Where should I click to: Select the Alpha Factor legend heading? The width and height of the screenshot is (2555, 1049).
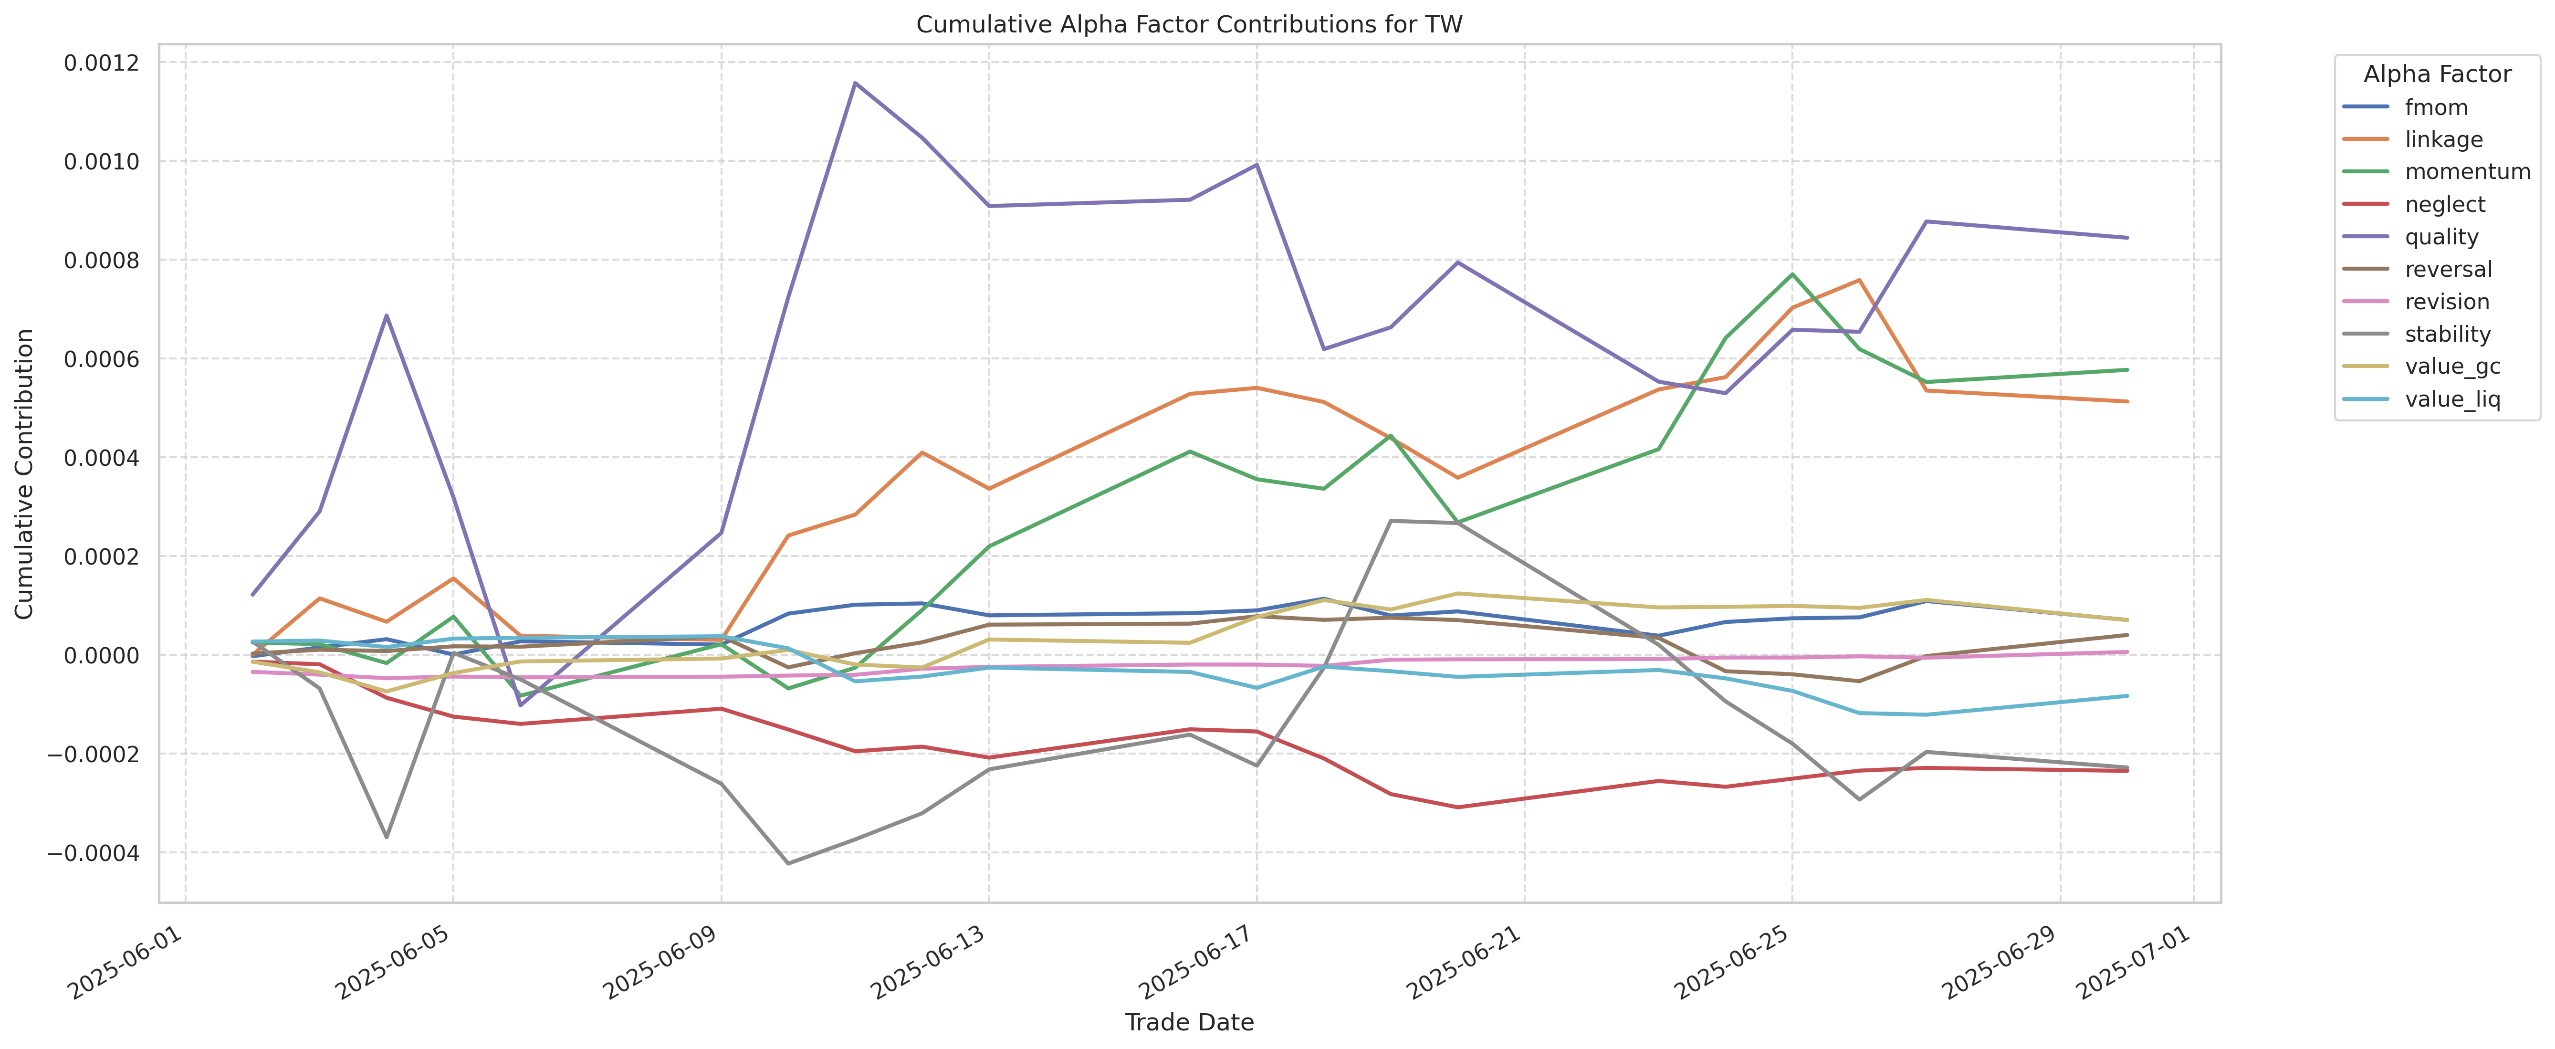[x=2437, y=74]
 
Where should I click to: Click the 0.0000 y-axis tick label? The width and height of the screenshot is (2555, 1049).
[x=102, y=655]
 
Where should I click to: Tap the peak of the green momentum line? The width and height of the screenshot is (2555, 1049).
[x=1791, y=273]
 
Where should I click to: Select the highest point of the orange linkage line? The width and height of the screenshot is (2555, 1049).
[x=1859, y=280]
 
